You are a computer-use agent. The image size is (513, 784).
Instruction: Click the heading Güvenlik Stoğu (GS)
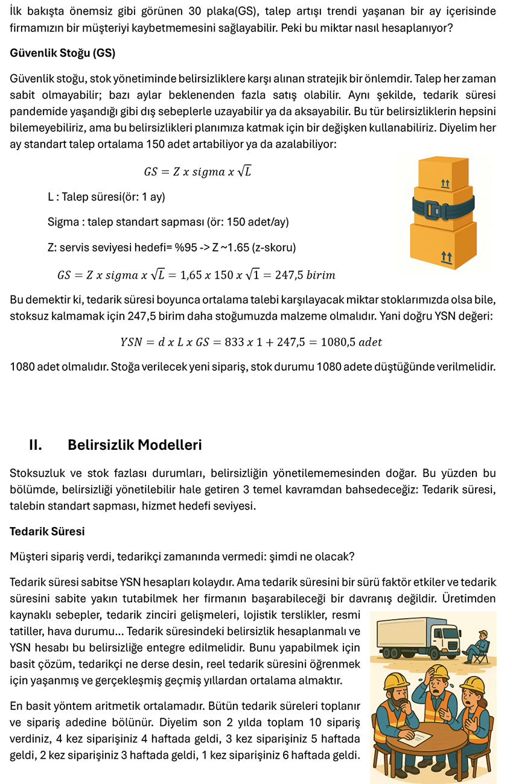pyautogui.click(x=62, y=53)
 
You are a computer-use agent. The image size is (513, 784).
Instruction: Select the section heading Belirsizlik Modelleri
pyautogui.click(x=135, y=445)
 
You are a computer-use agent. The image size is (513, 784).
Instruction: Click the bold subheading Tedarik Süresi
pyautogui.click(x=47, y=531)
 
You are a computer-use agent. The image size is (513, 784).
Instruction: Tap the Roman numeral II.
pyautogui.click(x=35, y=445)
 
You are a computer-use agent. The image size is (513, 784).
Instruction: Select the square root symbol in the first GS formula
pyautogui.click(x=244, y=171)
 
